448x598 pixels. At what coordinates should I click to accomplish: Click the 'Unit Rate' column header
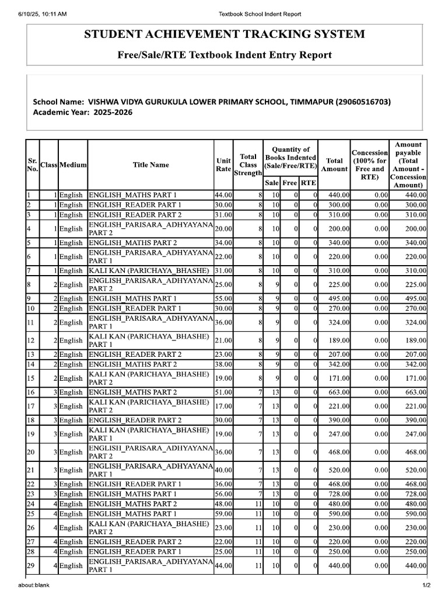(223, 165)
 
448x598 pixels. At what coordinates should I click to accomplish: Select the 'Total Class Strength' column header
(248, 165)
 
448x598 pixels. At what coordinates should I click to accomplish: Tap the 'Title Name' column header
(150, 165)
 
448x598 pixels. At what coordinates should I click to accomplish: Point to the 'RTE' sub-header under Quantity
(309, 183)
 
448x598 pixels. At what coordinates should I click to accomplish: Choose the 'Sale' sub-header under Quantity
(272, 183)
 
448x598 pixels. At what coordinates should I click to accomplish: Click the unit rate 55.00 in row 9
(223, 298)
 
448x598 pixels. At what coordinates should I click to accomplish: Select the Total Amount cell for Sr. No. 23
(335, 494)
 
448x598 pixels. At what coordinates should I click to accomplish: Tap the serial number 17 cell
(32, 406)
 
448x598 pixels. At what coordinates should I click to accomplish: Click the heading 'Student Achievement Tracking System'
(225, 34)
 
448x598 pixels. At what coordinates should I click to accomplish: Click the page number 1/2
(426, 585)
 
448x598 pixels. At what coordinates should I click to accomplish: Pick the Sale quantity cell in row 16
(272, 392)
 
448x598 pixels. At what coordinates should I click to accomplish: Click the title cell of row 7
(150, 270)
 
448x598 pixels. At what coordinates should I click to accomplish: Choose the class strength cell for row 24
(248, 504)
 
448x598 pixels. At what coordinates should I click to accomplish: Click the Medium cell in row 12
(72, 340)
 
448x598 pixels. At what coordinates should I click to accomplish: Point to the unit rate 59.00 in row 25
(223, 513)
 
